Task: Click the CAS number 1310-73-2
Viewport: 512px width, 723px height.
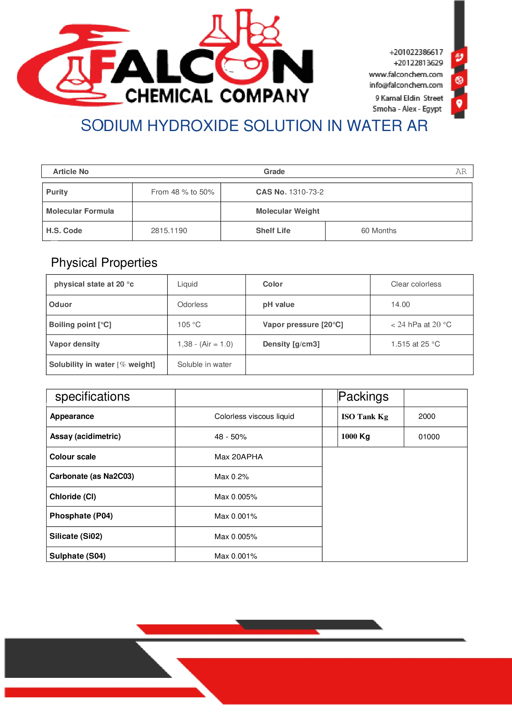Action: coord(306,192)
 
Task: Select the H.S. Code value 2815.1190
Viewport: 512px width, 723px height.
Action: coord(169,231)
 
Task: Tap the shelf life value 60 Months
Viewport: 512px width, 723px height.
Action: coord(379,231)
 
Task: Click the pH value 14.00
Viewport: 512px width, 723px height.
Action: coord(400,304)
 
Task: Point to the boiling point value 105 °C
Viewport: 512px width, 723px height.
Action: coord(189,325)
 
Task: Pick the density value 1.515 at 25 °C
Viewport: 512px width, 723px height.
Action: coord(415,344)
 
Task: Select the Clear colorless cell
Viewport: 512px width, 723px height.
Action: coord(416,284)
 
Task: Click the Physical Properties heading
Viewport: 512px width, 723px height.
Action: coord(104,263)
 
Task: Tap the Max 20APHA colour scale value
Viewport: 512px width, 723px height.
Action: coord(238,457)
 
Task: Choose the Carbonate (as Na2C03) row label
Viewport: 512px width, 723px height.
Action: coord(92,476)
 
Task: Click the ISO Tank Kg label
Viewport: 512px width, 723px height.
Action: coord(364,417)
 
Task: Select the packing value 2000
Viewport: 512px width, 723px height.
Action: coord(427,416)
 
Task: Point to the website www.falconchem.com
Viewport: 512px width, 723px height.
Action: coord(406,74)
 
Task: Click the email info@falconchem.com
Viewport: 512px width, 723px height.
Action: coord(406,85)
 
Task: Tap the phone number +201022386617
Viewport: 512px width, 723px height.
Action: coord(416,52)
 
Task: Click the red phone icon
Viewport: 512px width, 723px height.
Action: coord(459,57)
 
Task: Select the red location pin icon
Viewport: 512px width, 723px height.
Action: coord(459,103)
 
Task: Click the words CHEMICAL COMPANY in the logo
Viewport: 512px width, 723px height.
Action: coord(217,96)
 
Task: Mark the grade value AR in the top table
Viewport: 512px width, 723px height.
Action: coord(461,172)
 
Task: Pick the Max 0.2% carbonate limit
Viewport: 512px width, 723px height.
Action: coord(232,477)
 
